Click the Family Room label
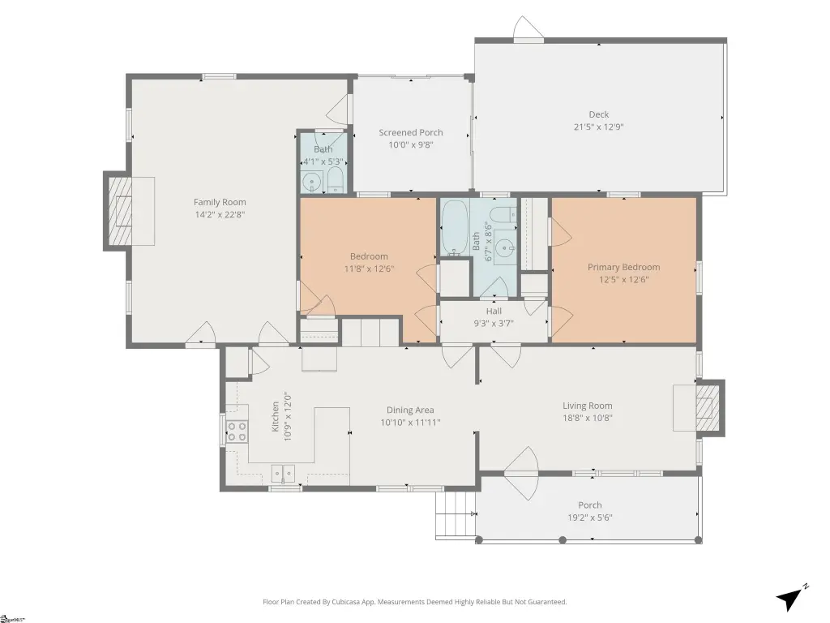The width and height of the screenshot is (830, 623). click(220, 202)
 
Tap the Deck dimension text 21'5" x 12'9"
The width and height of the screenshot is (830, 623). click(599, 127)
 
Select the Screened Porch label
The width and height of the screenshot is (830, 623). click(411, 132)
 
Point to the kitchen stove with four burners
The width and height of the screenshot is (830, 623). click(237, 431)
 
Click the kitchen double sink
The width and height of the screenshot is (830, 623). click(283, 473)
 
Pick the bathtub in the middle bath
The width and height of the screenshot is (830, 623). click(455, 228)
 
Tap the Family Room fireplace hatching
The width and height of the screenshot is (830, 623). click(120, 210)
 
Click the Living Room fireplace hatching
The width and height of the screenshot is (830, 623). click(708, 407)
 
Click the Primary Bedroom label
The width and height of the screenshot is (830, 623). click(623, 267)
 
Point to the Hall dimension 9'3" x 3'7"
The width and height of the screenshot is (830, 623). click(494, 323)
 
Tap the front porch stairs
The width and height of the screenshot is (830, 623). click(456, 515)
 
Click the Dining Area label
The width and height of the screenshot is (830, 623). click(410, 410)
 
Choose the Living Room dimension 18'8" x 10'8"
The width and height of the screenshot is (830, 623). click(588, 418)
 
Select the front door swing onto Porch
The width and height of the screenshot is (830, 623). click(521, 473)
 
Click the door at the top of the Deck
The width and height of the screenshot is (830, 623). click(528, 29)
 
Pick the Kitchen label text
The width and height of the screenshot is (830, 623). click(276, 416)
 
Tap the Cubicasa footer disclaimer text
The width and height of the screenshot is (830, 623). click(414, 602)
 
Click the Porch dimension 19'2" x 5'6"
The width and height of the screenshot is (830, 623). click(590, 518)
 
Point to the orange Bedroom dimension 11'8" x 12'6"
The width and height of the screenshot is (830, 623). click(369, 269)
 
